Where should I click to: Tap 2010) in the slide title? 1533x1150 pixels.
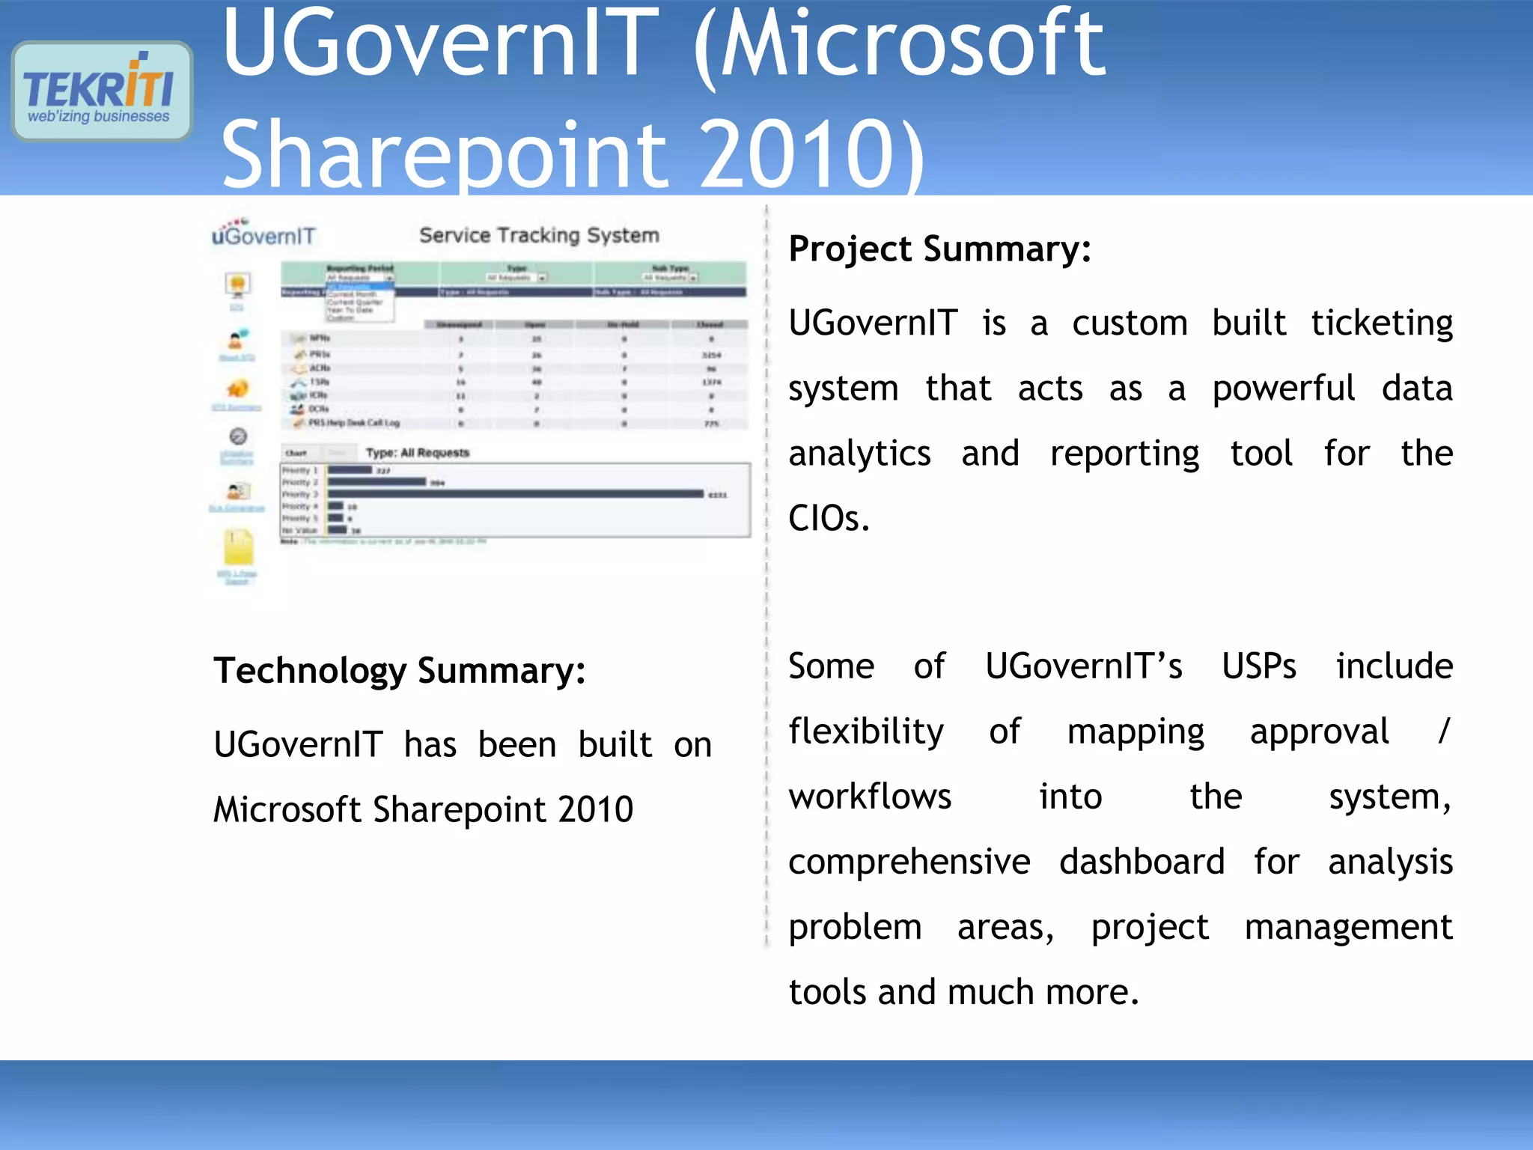[x=811, y=156]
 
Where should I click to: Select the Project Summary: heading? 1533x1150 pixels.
[x=939, y=249]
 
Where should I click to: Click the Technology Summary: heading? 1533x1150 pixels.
[x=399, y=671]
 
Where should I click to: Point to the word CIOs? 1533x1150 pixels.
[x=829, y=518]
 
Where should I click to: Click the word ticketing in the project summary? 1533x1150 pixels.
[x=1381, y=324]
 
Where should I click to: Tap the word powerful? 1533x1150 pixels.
[x=1283, y=389]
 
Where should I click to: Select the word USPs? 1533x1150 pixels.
[x=1258, y=666]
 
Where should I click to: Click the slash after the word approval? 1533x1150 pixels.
[x=1443, y=731]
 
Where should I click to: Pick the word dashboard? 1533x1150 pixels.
[x=1142, y=862]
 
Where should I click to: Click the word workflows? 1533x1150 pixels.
[x=870, y=797]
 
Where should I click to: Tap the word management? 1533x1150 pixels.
[x=1348, y=928]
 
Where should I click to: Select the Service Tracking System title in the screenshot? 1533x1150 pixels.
[x=539, y=235]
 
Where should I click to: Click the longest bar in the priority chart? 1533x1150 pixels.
[x=515, y=494]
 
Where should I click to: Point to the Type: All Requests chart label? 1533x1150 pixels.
[x=417, y=453]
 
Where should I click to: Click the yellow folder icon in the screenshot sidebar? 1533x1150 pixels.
[x=238, y=548]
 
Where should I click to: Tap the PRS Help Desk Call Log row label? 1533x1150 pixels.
[x=354, y=423]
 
